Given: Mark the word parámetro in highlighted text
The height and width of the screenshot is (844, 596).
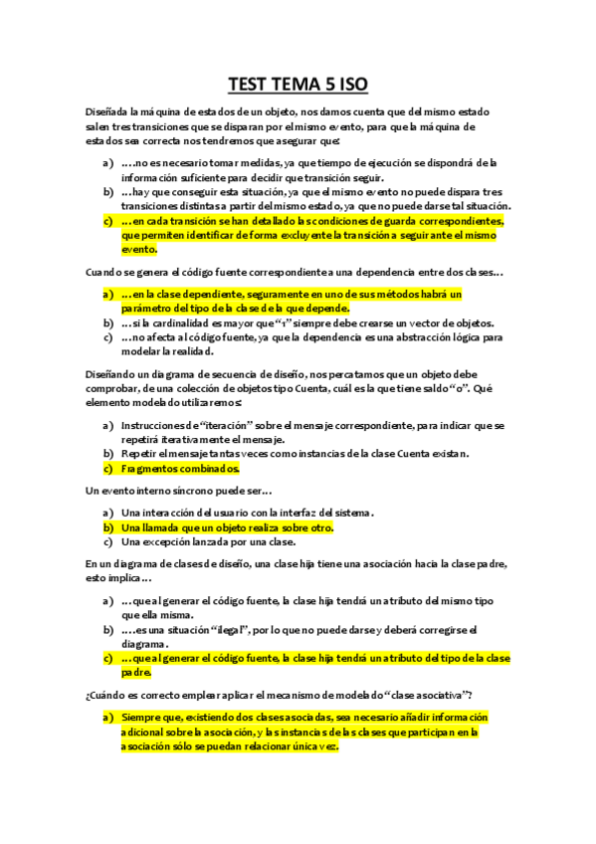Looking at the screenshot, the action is pyautogui.click(x=148, y=309).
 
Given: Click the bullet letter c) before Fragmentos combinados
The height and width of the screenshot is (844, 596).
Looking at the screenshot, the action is pyautogui.click(x=107, y=468).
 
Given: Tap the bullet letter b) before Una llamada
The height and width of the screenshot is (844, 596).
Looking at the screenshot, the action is pyautogui.click(x=107, y=527).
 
